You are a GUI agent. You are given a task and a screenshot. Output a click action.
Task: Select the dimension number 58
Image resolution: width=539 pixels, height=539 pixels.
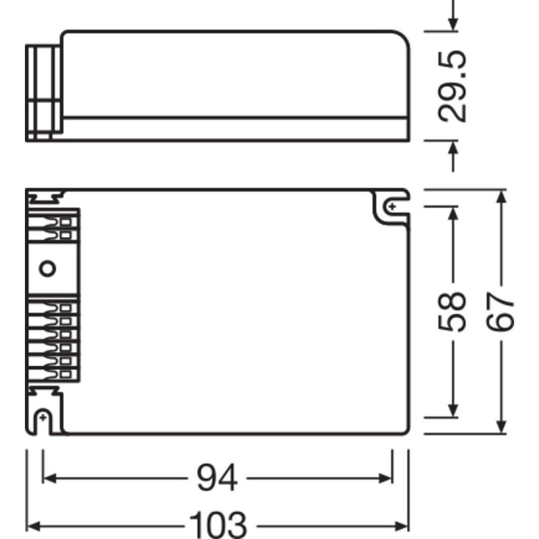point(453,311)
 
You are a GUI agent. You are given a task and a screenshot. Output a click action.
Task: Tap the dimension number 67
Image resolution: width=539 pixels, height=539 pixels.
point(501,311)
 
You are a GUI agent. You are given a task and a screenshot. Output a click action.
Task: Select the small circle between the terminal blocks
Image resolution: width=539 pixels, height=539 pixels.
point(46,269)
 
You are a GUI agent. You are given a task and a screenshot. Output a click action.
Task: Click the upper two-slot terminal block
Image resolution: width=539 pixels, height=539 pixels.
point(57,227)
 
